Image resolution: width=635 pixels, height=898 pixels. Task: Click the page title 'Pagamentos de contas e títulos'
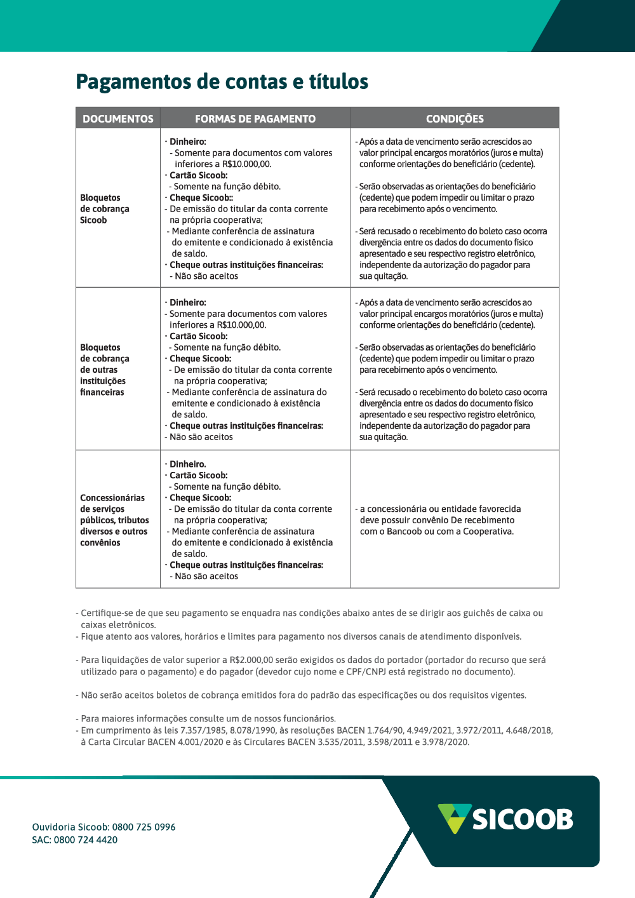pos(222,82)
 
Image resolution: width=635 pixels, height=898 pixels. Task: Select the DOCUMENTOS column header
pos(118,119)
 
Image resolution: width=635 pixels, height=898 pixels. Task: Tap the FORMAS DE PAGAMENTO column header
pos(255,119)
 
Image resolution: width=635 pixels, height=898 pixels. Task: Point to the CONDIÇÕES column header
pos(455,119)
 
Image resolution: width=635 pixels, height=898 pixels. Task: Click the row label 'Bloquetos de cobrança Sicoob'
pos(105,209)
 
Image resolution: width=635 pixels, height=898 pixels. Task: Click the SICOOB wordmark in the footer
pos(523,819)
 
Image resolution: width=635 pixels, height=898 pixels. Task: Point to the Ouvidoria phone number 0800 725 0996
pos(144,827)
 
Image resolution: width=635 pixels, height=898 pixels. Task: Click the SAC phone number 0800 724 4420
pos(86,840)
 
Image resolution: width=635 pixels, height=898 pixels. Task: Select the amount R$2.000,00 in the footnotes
pos(251,660)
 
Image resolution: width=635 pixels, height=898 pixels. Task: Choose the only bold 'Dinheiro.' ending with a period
pos(188,464)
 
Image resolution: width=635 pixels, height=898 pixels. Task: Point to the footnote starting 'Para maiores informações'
pos(208,719)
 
